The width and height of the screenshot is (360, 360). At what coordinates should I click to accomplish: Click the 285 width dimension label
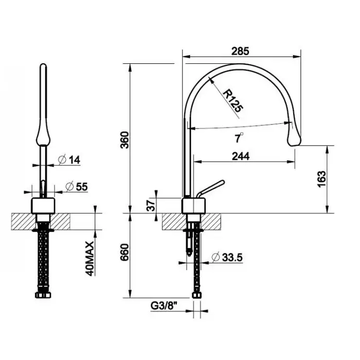240,51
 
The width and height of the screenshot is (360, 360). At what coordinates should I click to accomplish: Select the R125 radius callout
233,101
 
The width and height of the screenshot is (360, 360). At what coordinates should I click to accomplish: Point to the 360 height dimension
125,140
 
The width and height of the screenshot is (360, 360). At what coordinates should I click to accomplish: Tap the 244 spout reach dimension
241,156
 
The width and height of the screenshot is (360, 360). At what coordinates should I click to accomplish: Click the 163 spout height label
321,179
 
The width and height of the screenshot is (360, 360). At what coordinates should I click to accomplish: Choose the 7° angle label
239,138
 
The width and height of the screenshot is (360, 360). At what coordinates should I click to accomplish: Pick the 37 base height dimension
151,206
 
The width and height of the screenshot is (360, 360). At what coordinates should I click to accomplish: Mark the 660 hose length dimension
125,252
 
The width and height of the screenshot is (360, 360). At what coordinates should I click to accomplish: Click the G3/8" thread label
164,306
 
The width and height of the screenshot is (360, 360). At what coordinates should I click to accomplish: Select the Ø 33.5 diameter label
227,257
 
